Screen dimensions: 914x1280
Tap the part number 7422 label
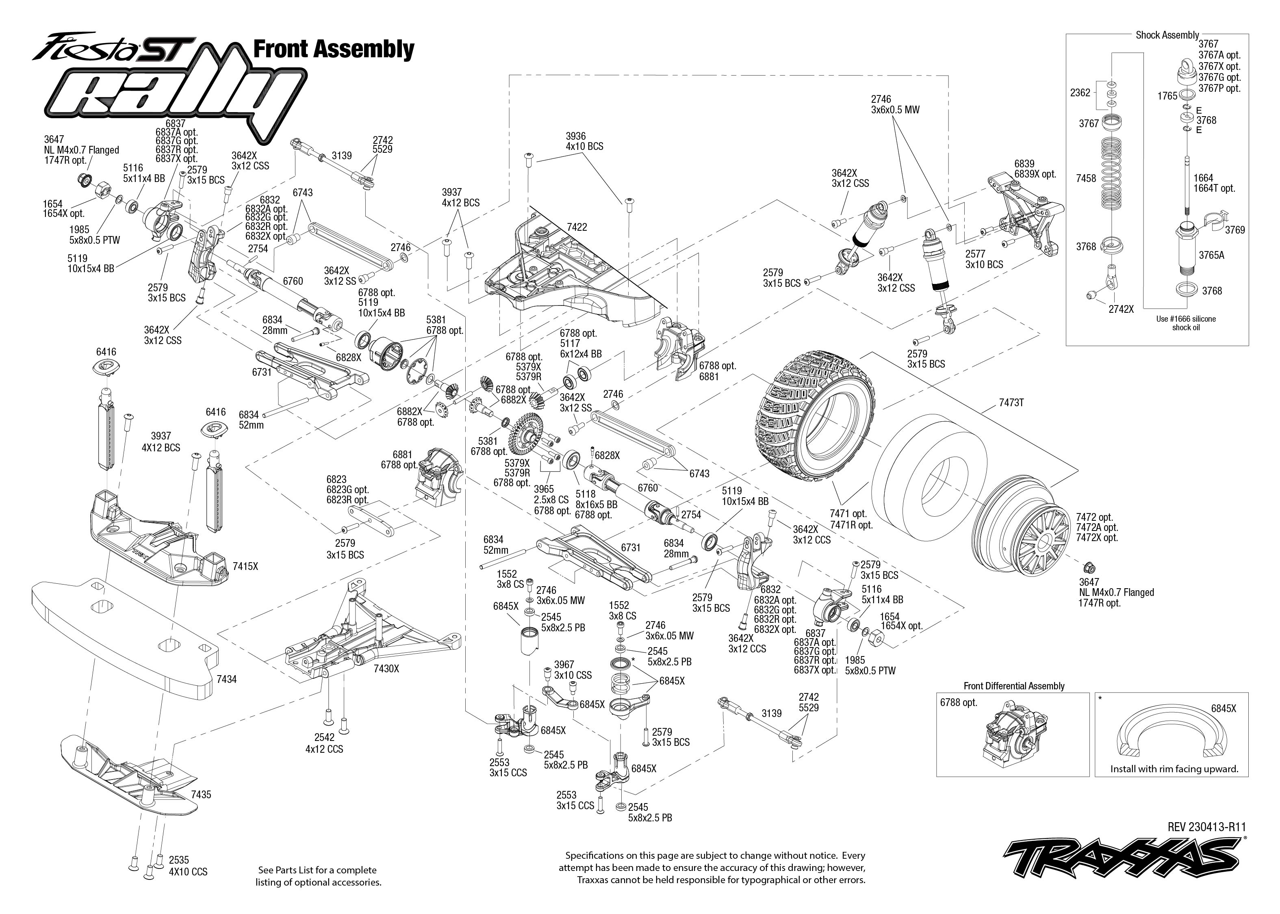pos(577,227)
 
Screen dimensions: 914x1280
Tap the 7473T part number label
pos(1011,403)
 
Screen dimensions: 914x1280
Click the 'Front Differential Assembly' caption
pos(1014,686)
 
